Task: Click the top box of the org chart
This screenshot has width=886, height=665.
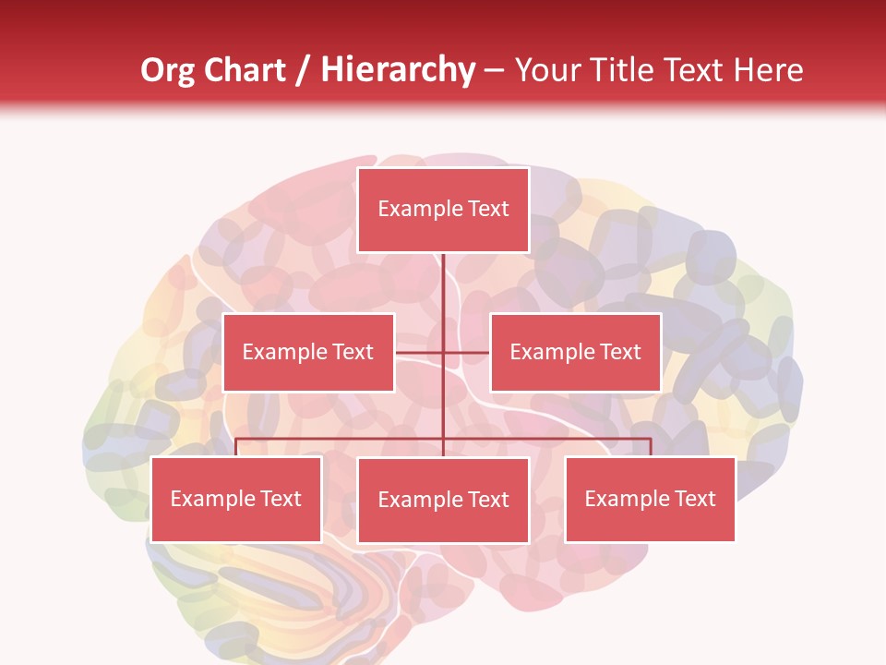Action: pyautogui.click(x=443, y=210)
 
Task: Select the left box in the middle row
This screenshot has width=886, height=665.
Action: pyautogui.click(x=308, y=353)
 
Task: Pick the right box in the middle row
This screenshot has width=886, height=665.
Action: pyautogui.click(x=575, y=353)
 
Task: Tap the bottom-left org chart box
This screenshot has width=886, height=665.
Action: pyautogui.click(x=236, y=500)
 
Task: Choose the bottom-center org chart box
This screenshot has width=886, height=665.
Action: pyautogui.click(x=443, y=501)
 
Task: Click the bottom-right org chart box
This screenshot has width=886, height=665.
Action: pyautogui.click(x=650, y=500)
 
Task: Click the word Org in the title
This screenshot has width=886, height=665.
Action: pyautogui.click(x=167, y=70)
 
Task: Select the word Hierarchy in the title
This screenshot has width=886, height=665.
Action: pyautogui.click(x=398, y=70)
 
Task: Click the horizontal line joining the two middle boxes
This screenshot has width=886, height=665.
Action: pyautogui.click(x=443, y=353)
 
